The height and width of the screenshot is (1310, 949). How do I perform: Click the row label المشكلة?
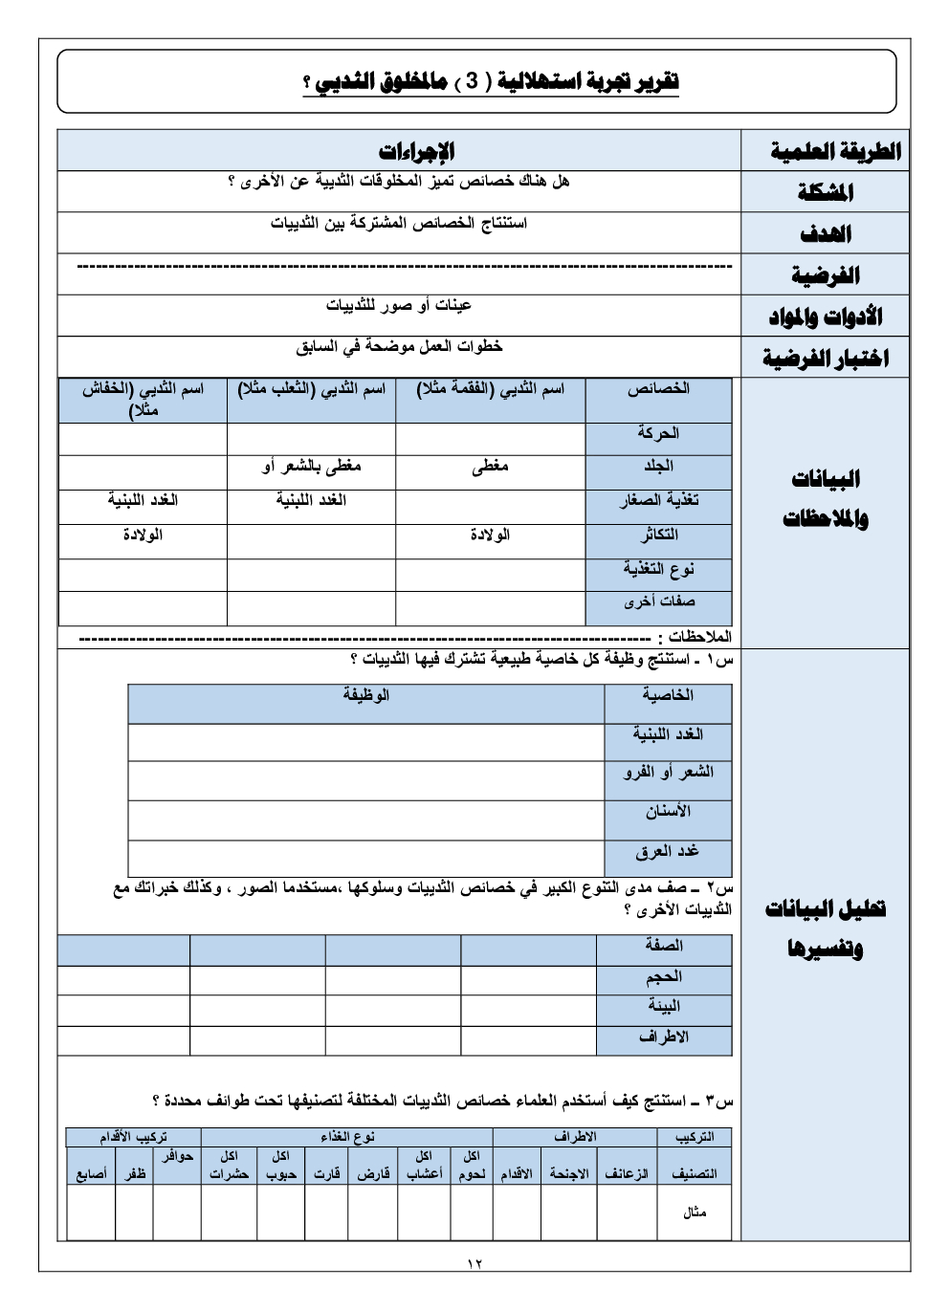tap(824, 192)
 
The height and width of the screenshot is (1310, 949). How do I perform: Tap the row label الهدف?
tap(824, 233)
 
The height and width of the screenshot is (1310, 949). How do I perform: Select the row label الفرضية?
tap(824, 275)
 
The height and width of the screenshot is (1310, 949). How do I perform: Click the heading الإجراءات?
tap(416, 151)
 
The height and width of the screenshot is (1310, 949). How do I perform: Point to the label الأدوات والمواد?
tap(824, 317)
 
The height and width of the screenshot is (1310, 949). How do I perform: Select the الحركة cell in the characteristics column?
tap(658, 434)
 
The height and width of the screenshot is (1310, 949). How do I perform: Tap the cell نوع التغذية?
tap(658, 570)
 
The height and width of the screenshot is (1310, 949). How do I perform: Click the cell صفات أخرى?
tap(658, 602)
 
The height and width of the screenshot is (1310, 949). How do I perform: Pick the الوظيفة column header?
tap(366, 696)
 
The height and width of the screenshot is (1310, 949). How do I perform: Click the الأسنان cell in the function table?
tap(667, 813)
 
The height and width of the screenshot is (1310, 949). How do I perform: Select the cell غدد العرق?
tap(667, 852)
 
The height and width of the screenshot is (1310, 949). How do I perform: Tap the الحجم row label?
tap(664, 977)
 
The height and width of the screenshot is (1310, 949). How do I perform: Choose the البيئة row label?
tap(664, 1007)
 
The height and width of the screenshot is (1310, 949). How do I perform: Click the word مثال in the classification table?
tap(695, 1212)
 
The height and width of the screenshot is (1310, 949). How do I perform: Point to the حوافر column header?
tap(177, 1157)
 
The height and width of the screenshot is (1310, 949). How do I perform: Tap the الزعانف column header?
tap(626, 1173)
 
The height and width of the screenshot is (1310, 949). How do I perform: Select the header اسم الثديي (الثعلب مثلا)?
tap(311, 390)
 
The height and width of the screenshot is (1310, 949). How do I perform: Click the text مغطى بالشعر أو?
tap(311, 467)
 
